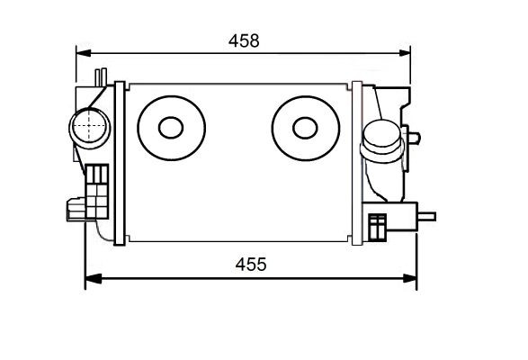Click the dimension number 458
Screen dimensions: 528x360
coord(244,40)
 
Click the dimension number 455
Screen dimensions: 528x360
coord(251,265)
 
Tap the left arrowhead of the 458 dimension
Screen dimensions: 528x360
coord(84,53)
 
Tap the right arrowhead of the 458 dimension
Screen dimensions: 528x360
coord(404,53)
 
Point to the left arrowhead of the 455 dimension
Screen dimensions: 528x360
coord(93,278)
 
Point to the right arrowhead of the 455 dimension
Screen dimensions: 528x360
coord(410,278)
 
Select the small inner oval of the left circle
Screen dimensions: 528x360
coord(171,128)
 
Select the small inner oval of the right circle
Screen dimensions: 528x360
coord(305,128)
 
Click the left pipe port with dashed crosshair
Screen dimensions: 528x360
coord(89,128)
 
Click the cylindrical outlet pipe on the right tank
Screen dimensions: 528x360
coord(382,141)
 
